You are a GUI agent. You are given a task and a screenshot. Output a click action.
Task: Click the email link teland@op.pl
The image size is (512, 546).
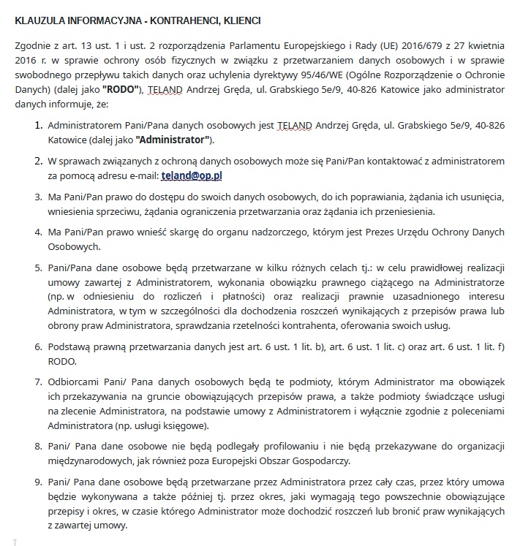(192, 176)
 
